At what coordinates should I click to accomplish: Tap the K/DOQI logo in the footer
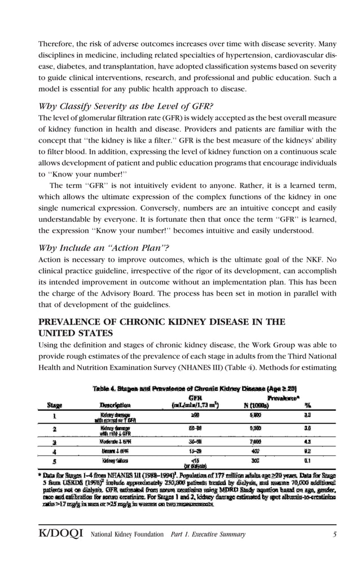pyautogui.click(x=60, y=534)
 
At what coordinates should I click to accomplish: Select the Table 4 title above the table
pyautogui.click(x=195, y=388)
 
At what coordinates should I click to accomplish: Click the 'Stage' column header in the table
pyautogui.click(x=55, y=405)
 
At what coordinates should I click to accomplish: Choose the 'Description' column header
pyautogui.click(x=116, y=405)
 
